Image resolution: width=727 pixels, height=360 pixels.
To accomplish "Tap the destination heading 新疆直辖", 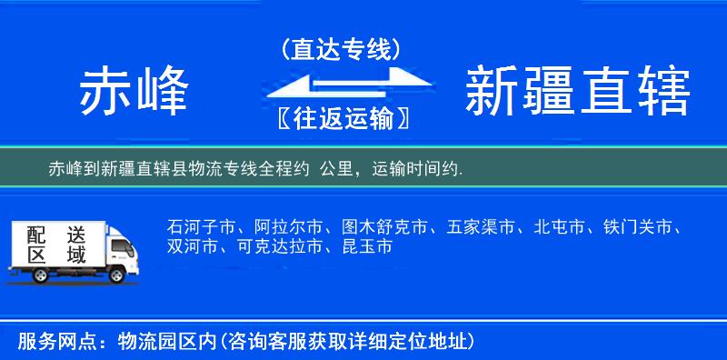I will tap(577, 92).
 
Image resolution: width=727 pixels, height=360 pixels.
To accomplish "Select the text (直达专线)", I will tap(341, 50).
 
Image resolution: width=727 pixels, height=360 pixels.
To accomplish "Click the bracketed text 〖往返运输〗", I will tap(341, 117).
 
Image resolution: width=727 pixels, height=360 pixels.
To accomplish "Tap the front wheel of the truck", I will tap(116, 275).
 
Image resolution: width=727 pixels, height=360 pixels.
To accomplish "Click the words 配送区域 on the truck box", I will tap(56, 243).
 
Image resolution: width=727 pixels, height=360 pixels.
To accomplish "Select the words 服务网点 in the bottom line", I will tap(48, 341).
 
